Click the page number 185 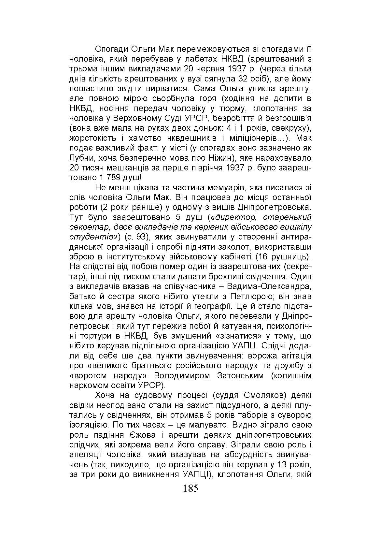[x=190, y=488]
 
